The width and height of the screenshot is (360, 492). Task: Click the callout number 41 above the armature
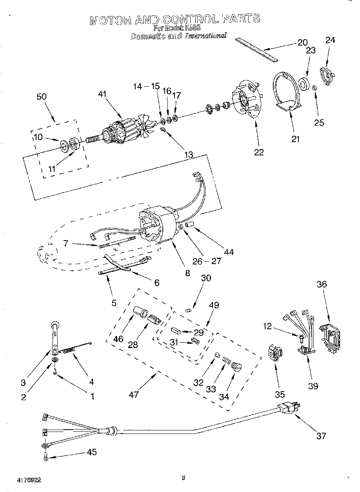(102, 94)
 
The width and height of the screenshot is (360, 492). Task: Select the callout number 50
(42, 97)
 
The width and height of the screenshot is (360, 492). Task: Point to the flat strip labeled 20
(257, 49)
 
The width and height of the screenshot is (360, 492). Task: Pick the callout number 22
(259, 152)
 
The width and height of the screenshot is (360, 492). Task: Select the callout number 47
(134, 394)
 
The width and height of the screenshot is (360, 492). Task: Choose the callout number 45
(91, 452)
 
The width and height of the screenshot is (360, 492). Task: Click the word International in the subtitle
(206, 36)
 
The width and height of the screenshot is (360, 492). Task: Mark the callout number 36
(322, 285)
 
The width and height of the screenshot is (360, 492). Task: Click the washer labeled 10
(64, 146)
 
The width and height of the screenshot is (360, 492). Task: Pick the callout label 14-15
(146, 86)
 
